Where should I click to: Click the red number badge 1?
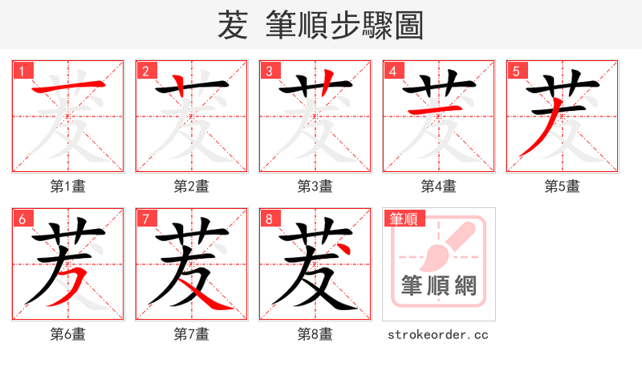pos(22,71)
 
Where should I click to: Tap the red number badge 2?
pos(145,71)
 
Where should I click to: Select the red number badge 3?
pos(269,71)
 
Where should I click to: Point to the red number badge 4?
pos(392,71)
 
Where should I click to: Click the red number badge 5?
pos(516,71)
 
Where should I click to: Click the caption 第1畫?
pos(68,186)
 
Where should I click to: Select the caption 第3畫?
pos(315,186)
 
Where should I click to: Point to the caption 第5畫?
pos(563,186)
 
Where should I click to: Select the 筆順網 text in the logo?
pos(439,285)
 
